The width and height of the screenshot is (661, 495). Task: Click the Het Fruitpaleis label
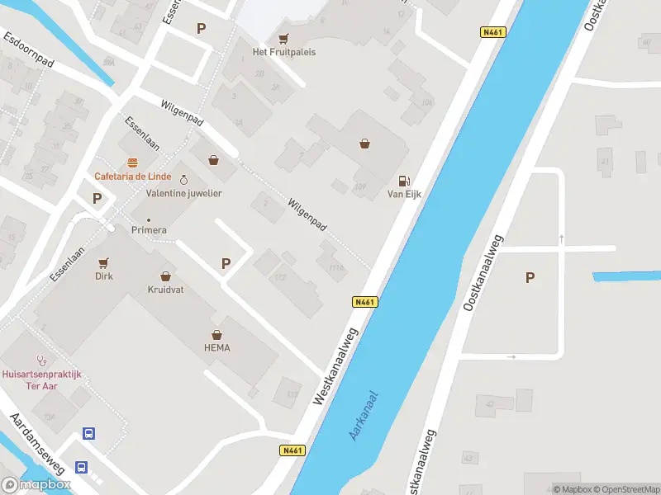pos(284,52)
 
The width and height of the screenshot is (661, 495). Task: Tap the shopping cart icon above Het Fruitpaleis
pos(284,38)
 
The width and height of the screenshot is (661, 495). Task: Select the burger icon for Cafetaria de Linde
pos(132,163)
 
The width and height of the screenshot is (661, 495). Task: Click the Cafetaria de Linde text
pos(132,177)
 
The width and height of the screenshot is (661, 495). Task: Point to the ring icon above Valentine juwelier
pos(183,180)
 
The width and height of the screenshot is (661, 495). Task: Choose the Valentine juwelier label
pos(183,193)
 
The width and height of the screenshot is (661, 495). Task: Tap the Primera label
pos(149,230)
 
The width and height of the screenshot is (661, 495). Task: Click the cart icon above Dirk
pos(103,263)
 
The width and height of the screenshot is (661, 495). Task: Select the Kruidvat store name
pos(165,290)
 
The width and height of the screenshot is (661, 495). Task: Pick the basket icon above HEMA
pos(217,334)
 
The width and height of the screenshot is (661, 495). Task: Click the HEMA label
pos(217,348)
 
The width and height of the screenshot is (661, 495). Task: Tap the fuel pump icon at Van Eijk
pos(404,181)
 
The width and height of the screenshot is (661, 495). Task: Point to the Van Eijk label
pos(404,195)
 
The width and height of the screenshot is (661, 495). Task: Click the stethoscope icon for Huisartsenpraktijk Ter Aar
pos(41,361)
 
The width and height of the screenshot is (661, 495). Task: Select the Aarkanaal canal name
pos(364,415)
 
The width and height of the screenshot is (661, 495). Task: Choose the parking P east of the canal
pos(530,278)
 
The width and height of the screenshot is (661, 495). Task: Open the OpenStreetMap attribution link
pos(627,489)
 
